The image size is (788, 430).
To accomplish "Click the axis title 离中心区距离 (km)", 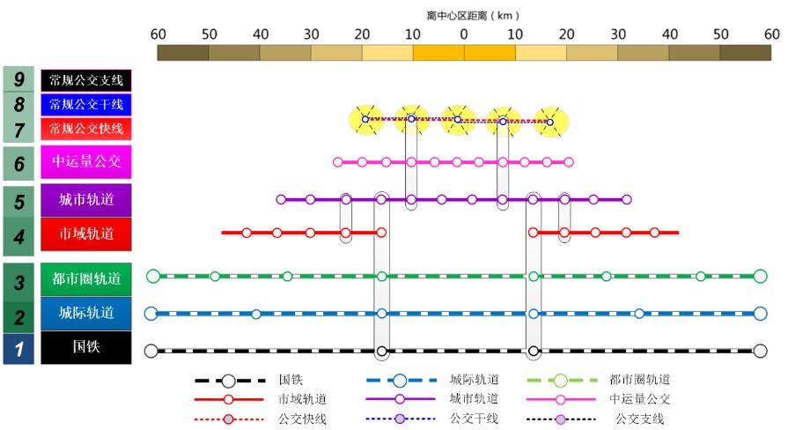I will pyautogui.click(x=473, y=15).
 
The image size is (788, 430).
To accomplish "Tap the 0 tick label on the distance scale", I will pyautogui.click(x=464, y=34).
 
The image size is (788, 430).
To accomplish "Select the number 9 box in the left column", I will pyautogui.click(x=18, y=80).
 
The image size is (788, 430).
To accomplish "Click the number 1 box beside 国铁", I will pyautogui.click(x=18, y=348).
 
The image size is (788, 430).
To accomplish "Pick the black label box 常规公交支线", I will pyautogui.click(x=86, y=80).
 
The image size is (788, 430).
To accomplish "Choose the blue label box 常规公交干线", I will pyautogui.click(x=86, y=105).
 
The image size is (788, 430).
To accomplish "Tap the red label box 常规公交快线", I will pyautogui.click(x=86, y=129).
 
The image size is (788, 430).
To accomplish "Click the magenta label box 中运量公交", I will pyautogui.click(x=86, y=161).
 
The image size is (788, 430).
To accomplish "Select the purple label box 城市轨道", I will pyautogui.click(x=86, y=200).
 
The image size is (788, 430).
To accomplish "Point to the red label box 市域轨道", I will pyautogui.click(x=86, y=234).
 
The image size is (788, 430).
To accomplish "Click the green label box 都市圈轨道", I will pyautogui.click(x=86, y=279).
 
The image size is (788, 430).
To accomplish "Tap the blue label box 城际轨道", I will pyautogui.click(x=86, y=313).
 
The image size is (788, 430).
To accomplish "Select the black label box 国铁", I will pyautogui.click(x=86, y=347).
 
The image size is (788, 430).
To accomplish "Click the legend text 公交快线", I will pyautogui.click(x=302, y=419).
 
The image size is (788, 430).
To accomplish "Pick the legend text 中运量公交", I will pyautogui.click(x=640, y=399).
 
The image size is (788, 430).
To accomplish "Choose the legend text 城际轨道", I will pyautogui.click(x=475, y=380).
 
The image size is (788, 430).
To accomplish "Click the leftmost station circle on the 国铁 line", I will pyautogui.click(x=151, y=351).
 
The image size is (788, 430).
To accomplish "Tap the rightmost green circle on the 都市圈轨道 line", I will pyautogui.click(x=761, y=276).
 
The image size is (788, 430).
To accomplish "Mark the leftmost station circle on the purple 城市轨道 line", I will pyautogui.click(x=281, y=200).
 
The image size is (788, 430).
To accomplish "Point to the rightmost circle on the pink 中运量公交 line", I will pyautogui.click(x=569, y=162).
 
